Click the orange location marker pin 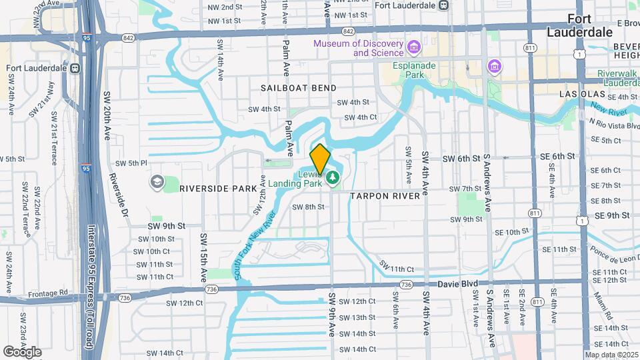click(320, 159)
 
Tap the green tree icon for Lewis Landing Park click(333, 177)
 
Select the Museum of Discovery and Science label click(359, 48)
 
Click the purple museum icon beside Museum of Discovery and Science click(415, 47)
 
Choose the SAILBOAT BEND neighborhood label click(298, 88)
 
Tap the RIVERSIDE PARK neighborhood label click(218, 189)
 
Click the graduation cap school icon click(157, 182)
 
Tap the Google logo click(22, 351)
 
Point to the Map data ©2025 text click(611, 355)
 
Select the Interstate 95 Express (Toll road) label click(91, 287)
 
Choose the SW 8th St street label click(308, 207)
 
